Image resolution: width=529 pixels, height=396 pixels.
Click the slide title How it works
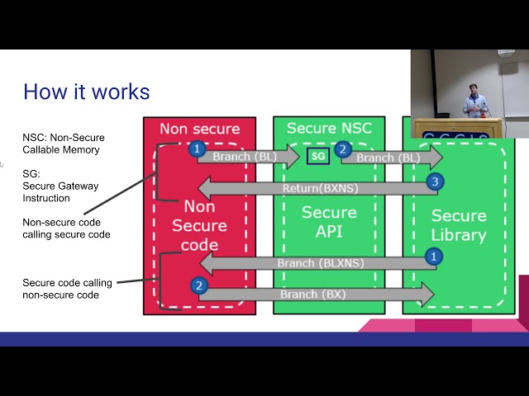[x=86, y=91]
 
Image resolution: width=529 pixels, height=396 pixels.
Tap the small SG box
[x=318, y=155]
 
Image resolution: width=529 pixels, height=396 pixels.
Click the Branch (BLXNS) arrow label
[x=321, y=264]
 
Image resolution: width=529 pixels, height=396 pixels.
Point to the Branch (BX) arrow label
[x=312, y=295]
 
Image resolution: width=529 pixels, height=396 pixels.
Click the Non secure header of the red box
[x=199, y=129]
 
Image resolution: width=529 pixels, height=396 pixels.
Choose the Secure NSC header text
[x=329, y=129]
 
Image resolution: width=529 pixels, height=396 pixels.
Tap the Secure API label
[x=328, y=222]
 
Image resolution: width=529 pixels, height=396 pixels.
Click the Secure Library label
[x=459, y=225]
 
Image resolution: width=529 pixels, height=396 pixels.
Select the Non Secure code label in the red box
[x=199, y=226]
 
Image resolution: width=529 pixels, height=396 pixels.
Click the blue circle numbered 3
[x=433, y=181]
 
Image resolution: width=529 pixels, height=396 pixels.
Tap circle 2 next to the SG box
[x=343, y=150]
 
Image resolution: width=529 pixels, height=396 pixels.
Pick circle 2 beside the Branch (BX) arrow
[x=198, y=285]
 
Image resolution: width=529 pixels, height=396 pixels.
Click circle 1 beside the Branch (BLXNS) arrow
[x=431, y=257]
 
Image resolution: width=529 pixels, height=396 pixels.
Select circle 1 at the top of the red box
[x=197, y=149]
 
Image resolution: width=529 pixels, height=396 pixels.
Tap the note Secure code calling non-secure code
[x=68, y=288]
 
